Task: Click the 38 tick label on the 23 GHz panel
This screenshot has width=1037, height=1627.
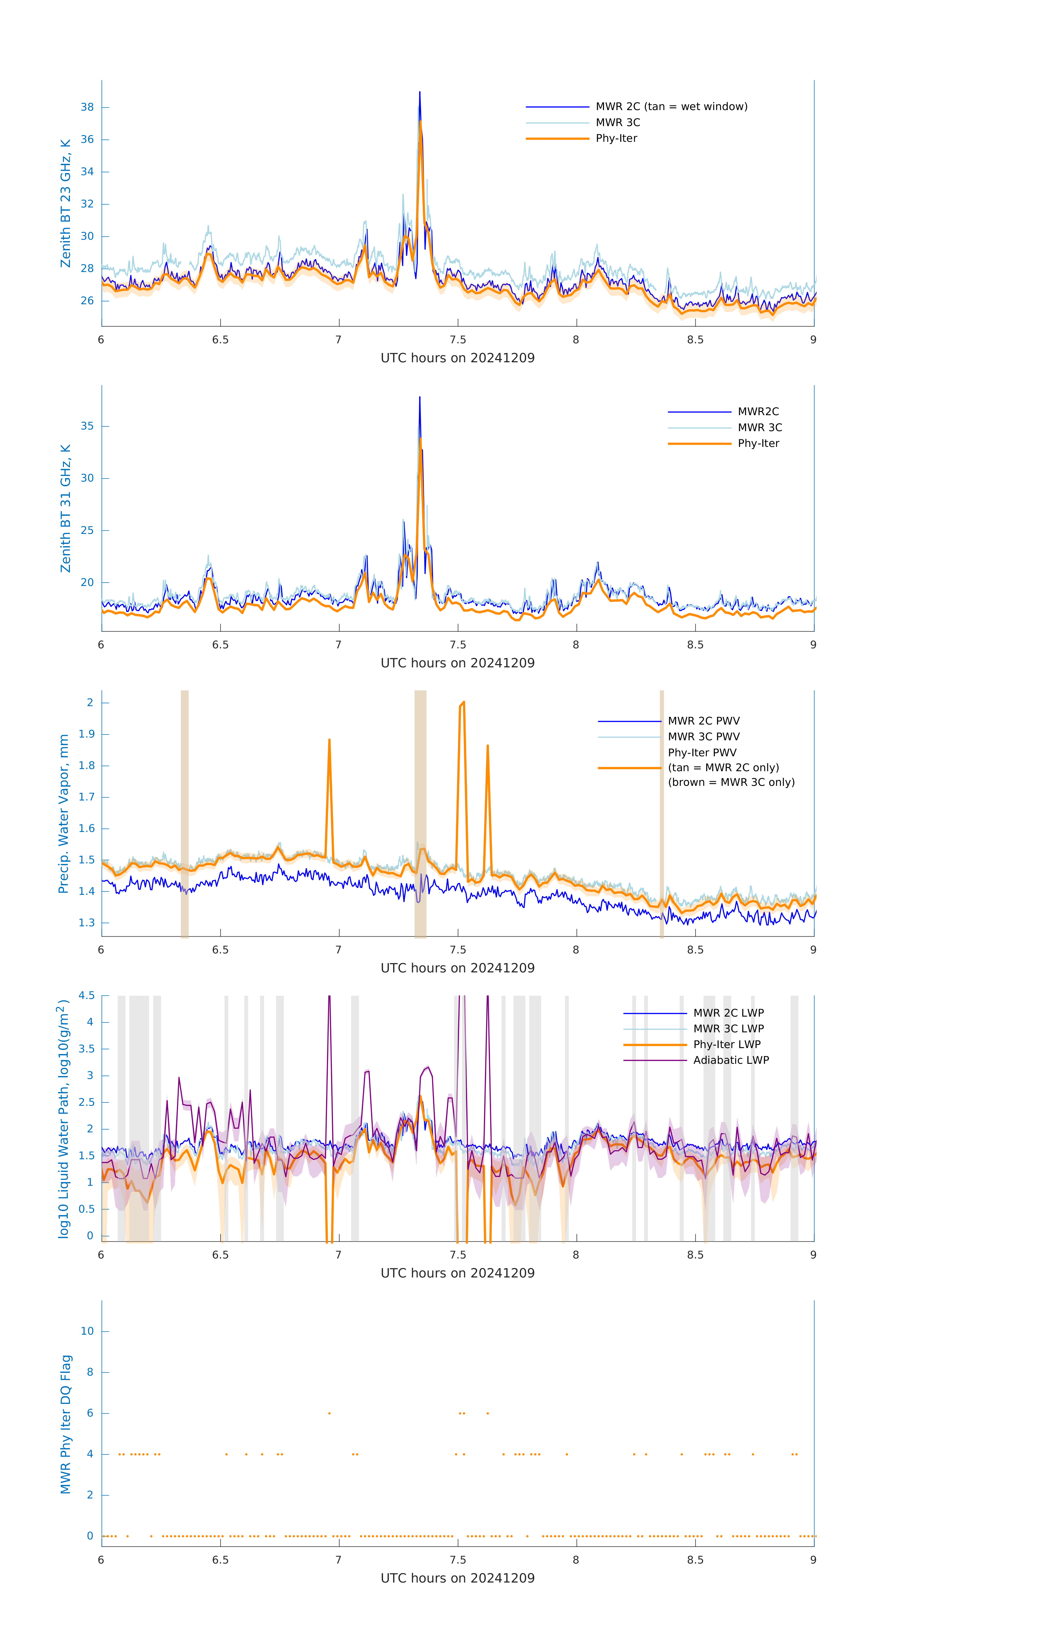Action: [x=87, y=107]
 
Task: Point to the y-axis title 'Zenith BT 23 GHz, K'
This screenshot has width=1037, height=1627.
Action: [x=66, y=203]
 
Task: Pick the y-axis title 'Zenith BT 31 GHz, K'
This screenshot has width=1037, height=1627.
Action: [x=66, y=508]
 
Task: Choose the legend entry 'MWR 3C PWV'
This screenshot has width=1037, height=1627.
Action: [x=703, y=736]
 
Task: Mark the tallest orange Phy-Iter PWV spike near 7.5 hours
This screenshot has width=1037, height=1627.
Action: [x=463, y=703]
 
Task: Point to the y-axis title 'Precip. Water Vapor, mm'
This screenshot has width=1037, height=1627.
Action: [x=63, y=813]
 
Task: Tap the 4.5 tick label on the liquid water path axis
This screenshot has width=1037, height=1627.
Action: [x=86, y=995]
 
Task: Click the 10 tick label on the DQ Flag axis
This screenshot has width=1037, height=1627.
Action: [x=87, y=1331]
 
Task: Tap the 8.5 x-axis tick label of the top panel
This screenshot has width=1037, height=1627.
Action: [x=695, y=340]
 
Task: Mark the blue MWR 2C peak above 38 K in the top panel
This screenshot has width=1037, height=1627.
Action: [x=419, y=92]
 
